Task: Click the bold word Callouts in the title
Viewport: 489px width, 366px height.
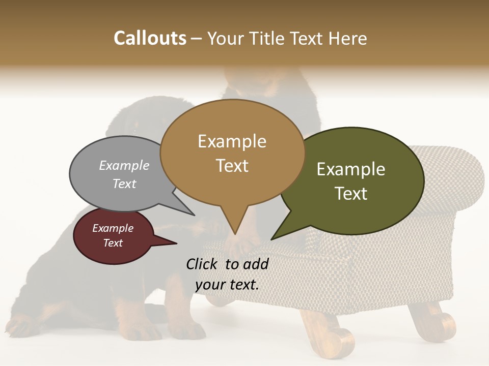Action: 150,38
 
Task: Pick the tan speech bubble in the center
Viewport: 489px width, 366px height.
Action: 232,152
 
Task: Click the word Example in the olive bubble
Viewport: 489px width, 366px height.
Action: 351,169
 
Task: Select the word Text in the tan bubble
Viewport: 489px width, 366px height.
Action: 232,166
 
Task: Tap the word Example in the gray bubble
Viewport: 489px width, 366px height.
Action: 124,165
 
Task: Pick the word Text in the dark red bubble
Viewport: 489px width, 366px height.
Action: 113,243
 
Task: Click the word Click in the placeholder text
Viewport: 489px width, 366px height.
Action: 202,264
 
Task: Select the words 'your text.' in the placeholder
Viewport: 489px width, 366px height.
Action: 227,285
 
